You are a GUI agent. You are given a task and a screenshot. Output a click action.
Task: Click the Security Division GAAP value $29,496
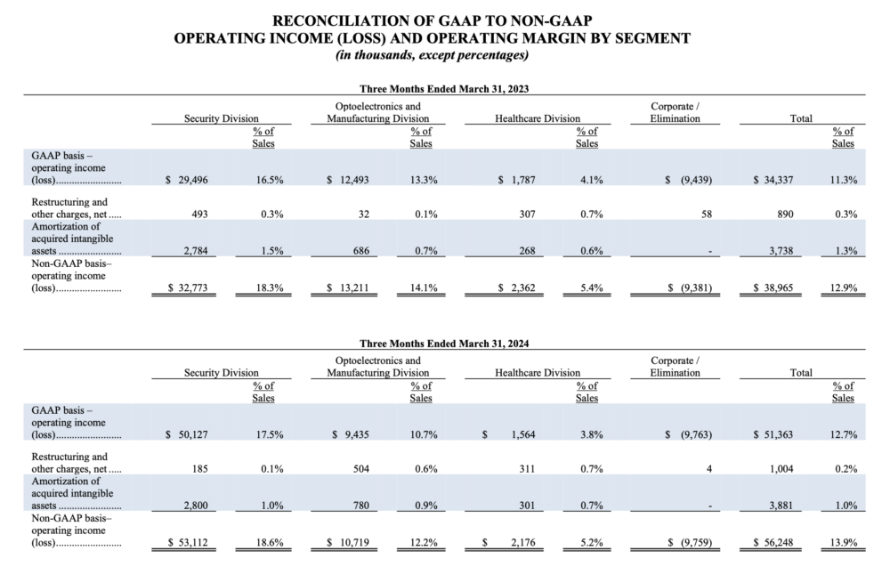pyautogui.click(x=187, y=180)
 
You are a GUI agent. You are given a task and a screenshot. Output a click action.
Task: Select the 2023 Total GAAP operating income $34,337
pyautogui.click(x=773, y=180)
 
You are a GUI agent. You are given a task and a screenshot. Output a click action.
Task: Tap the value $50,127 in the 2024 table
pyautogui.click(x=187, y=434)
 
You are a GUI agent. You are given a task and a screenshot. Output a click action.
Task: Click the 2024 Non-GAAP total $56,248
pyautogui.click(x=773, y=543)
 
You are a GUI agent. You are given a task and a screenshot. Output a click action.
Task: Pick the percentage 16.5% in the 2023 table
pyautogui.click(x=270, y=180)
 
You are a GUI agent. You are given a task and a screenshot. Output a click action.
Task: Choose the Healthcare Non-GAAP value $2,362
pyautogui.click(x=516, y=287)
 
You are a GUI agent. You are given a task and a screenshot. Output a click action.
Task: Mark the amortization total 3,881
pyautogui.click(x=781, y=506)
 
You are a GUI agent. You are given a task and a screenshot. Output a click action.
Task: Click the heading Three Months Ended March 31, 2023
pyautogui.click(x=444, y=88)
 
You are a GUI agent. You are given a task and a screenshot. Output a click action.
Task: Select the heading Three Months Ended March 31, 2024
pyautogui.click(x=444, y=344)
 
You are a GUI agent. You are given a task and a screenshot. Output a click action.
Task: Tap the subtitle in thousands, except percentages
pyautogui.click(x=432, y=55)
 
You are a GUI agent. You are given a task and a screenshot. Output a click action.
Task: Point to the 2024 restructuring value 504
pyautogui.click(x=361, y=469)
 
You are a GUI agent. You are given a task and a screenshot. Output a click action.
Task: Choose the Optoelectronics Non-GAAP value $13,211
pyautogui.click(x=347, y=287)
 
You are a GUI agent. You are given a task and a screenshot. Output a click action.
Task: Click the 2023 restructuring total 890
pyautogui.click(x=786, y=214)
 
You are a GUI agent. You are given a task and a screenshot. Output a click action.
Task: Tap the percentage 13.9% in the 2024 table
pyautogui.click(x=844, y=543)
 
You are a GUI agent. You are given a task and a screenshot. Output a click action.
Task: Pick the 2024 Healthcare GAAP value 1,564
pyautogui.click(x=523, y=434)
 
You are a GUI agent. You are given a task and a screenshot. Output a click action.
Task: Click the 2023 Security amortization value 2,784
pyautogui.click(x=196, y=250)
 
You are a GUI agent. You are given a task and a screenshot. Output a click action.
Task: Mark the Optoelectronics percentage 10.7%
pyautogui.click(x=424, y=434)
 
